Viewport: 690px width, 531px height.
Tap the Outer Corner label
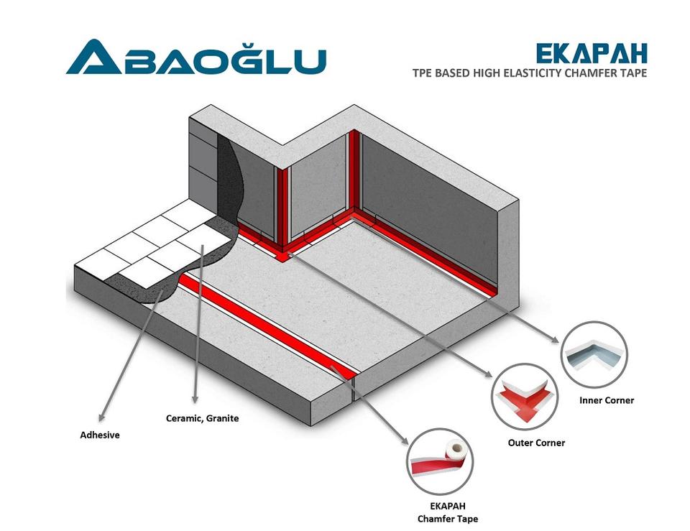(x=536, y=443)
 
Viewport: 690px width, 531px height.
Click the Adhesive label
(x=99, y=435)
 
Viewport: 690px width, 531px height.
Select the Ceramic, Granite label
(x=202, y=418)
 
